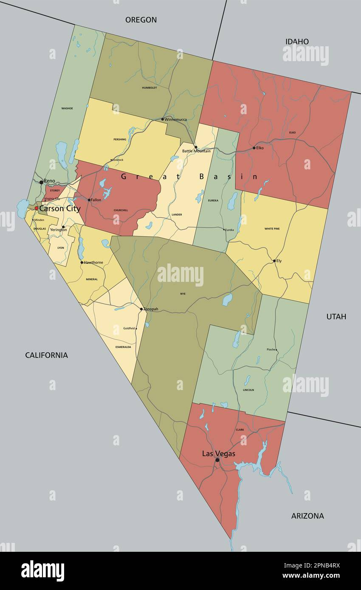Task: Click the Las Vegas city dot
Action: pos(217,460)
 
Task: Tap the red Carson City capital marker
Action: pos(37,208)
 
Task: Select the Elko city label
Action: pos(260,148)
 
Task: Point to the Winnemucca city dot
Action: pos(162,119)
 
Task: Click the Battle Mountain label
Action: pos(196,151)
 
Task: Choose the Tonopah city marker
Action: pos(141,309)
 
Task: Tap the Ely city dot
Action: pos(274,261)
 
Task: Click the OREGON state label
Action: pos(141,20)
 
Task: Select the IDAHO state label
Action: pos(297,42)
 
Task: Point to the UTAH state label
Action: pos(336,317)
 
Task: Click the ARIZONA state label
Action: pos(307,516)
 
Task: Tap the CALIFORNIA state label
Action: pos(46,355)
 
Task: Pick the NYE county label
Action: pos(183,294)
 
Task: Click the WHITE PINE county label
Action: pos(272,229)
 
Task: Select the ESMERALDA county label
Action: pos(123,347)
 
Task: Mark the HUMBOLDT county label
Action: pos(149,88)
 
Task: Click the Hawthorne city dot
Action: pos(82,262)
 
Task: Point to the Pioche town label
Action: pos(271,350)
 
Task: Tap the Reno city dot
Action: pos(41,182)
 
